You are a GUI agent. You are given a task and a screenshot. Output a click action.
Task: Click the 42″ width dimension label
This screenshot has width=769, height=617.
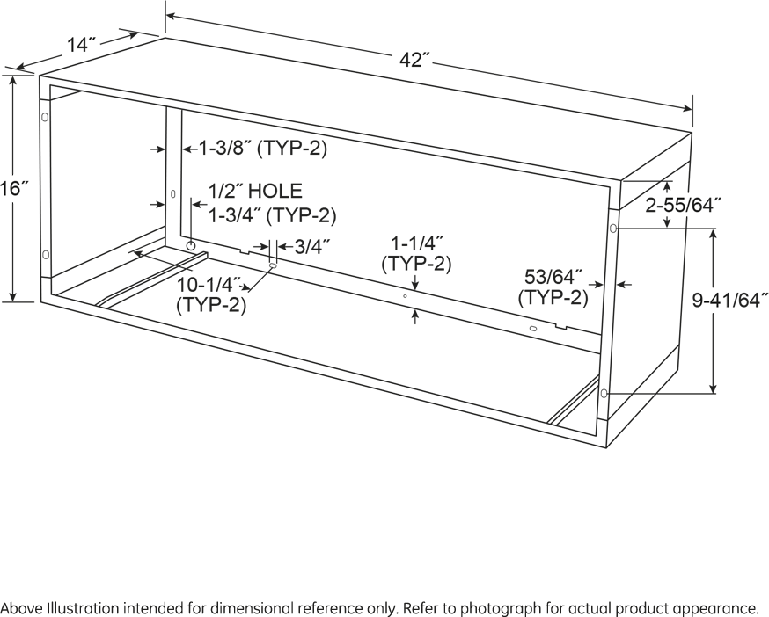pos(414,60)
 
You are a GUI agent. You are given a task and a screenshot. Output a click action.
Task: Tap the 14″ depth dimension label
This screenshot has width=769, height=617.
pos(83,45)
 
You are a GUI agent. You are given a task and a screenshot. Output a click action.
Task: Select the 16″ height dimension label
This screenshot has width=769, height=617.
pos(15,188)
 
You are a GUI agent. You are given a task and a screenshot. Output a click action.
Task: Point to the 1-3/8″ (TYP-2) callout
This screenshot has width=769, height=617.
pos(262,148)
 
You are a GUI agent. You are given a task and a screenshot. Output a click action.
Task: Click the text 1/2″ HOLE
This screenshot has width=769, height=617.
pos(255,191)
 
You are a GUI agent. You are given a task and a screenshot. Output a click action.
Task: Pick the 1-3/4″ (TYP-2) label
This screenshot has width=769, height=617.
pos(273,215)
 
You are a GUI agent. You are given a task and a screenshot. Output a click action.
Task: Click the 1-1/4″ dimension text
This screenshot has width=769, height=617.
pos(417,243)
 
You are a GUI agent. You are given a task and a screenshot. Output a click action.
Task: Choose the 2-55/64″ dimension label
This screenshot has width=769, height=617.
pos(684,206)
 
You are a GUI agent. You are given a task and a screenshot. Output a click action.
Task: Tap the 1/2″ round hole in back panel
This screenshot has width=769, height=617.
pos(191,244)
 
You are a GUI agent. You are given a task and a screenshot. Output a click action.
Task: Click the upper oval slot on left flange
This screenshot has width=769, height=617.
pos(45,118)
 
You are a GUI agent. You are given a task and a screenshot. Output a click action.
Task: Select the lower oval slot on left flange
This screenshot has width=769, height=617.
pos(46,254)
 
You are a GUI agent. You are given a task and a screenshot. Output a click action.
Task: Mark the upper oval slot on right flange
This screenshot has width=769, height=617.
pos(613,228)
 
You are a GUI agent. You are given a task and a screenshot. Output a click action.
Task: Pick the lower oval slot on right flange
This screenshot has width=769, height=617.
pos(604,393)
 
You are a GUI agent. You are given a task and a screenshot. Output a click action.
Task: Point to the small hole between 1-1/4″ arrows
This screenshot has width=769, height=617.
pos(405,296)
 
